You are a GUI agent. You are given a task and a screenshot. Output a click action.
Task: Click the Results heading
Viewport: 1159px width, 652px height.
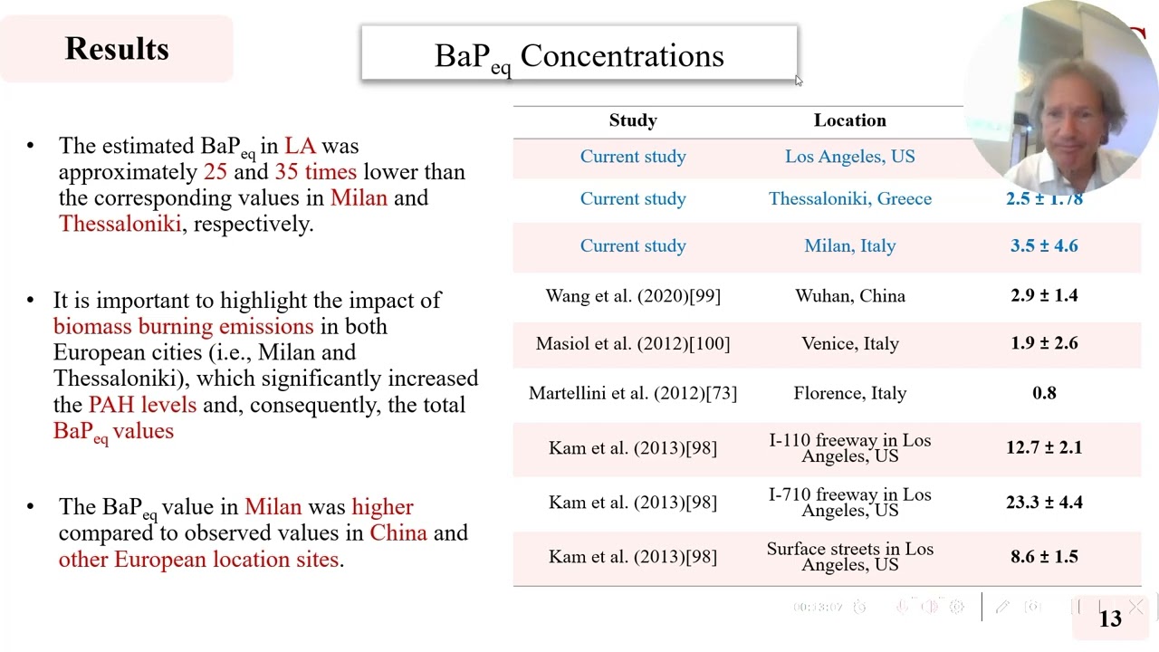pyautogui.click(x=117, y=49)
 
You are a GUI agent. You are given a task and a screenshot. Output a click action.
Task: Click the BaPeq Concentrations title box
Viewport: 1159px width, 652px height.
pyautogui.click(x=579, y=54)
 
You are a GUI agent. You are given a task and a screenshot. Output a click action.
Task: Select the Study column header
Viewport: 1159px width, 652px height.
pyautogui.click(x=633, y=120)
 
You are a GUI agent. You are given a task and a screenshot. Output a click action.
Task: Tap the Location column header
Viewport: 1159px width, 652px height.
pyautogui.click(x=849, y=120)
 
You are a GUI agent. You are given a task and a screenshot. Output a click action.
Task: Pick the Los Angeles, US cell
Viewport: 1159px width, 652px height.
pyautogui.click(x=849, y=157)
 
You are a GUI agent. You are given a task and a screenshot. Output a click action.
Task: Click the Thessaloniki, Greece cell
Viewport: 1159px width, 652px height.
pyautogui.click(x=849, y=199)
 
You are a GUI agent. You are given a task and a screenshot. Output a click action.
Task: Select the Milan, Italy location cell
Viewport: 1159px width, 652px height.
pyautogui.click(x=849, y=246)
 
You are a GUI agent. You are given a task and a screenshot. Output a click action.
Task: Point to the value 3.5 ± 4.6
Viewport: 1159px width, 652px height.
pyautogui.click(x=1044, y=246)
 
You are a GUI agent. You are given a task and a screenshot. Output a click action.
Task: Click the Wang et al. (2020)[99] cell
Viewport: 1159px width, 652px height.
pyautogui.click(x=633, y=296)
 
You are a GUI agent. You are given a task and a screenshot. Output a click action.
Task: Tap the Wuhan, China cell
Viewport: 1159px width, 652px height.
pyautogui.click(x=849, y=296)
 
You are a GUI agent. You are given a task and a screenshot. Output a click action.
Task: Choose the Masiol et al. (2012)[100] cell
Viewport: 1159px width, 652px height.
pyautogui.click(x=633, y=344)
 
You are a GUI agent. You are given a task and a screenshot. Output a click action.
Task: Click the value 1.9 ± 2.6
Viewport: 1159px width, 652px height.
pyautogui.click(x=1044, y=344)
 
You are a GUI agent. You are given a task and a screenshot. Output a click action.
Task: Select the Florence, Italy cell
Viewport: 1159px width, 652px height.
pyautogui.click(x=849, y=393)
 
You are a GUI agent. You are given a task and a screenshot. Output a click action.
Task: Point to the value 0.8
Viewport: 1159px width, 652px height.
pyautogui.click(x=1044, y=393)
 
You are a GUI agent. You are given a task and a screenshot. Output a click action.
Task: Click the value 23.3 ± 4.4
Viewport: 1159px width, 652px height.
pyautogui.click(x=1044, y=502)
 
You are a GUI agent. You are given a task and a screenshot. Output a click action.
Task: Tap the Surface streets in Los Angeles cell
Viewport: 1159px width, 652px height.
pyautogui.click(x=849, y=556)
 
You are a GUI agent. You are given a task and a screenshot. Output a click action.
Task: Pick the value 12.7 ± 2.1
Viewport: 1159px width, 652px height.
pyautogui.click(x=1044, y=447)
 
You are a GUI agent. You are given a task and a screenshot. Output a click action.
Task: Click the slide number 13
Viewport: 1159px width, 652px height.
pyautogui.click(x=1110, y=618)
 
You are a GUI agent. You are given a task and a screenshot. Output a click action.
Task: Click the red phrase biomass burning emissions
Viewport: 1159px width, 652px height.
pyautogui.click(x=184, y=327)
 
